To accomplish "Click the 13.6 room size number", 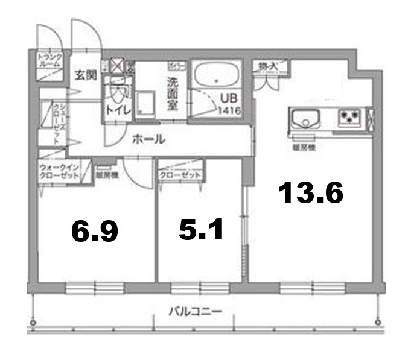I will (x=311, y=193).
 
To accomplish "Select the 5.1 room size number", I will (x=202, y=229).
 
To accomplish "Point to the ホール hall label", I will (x=148, y=139).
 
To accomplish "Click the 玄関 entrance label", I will (x=86, y=75).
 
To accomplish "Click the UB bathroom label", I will (x=228, y=98).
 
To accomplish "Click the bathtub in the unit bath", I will (x=216, y=75).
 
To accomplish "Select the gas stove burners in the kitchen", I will (x=349, y=116).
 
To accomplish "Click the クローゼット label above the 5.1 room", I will (x=180, y=175).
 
